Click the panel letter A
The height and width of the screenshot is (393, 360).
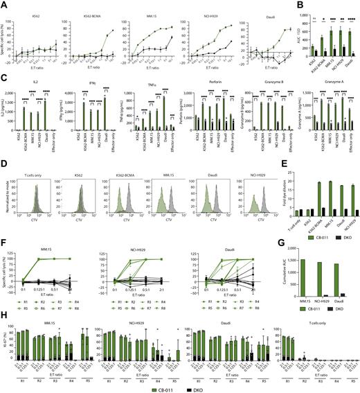coord(3,4)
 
